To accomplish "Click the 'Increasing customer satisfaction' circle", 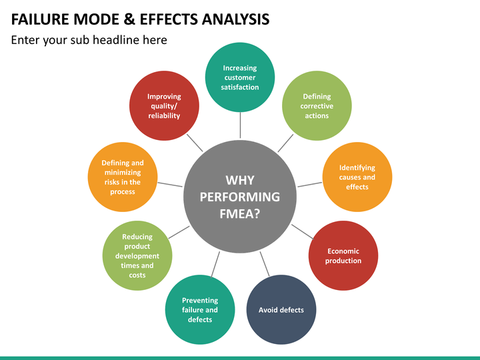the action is pyautogui.click(x=240, y=77).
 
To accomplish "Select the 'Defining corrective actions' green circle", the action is pyautogui.click(x=317, y=106).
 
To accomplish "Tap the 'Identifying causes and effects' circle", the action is pyautogui.click(x=357, y=177).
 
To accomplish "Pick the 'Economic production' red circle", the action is pyautogui.click(x=343, y=255).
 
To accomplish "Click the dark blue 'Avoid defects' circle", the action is pyautogui.click(x=281, y=310).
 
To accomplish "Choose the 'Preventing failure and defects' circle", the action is pyautogui.click(x=200, y=310).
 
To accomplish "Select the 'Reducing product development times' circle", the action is pyautogui.click(x=137, y=255).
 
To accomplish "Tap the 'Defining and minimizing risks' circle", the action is pyautogui.click(x=123, y=177).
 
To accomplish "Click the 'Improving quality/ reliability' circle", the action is pyautogui.click(x=164, y=106).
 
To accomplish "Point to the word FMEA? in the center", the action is pyautogui.click(x=240, y=214).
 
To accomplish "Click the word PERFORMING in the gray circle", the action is pyautogui.click(x=240, y=197).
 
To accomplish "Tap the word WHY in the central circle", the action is pyautogui.click(x=240, y=180).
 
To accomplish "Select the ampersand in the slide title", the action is pyautogui.click(x=129, y=19).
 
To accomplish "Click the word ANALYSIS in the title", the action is pyautogui.click(x=235, y=19).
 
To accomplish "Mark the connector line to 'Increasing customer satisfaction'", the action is pyautogui.click(x=240, y=125).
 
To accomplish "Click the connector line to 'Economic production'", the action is pyautogui.click(x=303, y=231).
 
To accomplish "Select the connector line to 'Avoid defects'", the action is pyautogui.click(x=265, y=264).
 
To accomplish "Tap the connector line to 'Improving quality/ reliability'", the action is pyautogui.click(x=195, y=143).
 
